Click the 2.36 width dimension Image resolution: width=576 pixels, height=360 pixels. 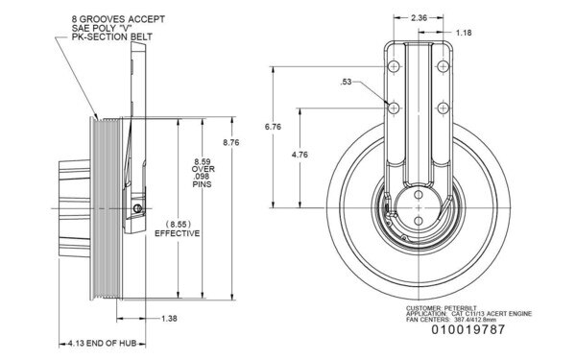[x=419, y=16]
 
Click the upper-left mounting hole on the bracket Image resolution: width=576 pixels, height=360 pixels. [x=393, y=65]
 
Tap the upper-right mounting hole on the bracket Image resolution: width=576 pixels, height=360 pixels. [x=444, y=65]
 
